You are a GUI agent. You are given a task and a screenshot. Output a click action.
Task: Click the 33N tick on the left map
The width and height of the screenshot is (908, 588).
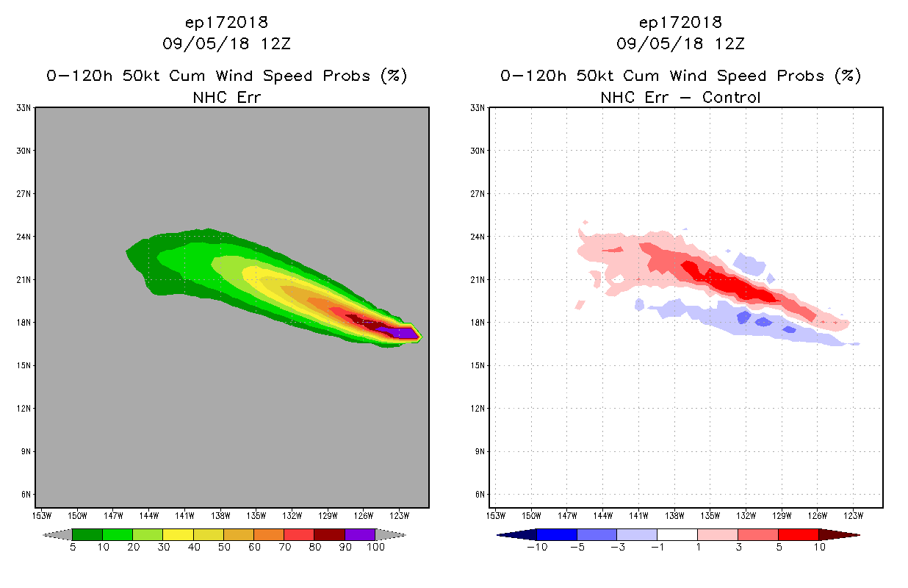tap(24, 108)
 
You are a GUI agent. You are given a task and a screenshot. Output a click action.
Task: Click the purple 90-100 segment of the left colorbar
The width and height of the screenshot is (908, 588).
tap(360, 534)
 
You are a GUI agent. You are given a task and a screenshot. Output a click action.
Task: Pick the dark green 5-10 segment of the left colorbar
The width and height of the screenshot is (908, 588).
tap(87, 534)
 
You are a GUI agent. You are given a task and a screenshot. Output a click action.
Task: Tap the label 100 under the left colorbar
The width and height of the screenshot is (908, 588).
tap(375, 547)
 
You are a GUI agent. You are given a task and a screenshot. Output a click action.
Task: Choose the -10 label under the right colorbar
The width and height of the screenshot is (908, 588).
tap(537, 547)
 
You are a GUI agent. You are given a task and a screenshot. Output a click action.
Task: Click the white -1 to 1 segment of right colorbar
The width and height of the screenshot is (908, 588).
tap(677, 534)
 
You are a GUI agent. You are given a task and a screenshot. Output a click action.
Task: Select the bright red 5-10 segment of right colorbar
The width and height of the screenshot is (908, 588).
tap(798, 534)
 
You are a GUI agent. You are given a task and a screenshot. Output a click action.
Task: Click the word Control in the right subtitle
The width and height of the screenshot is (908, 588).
tap(731, 97)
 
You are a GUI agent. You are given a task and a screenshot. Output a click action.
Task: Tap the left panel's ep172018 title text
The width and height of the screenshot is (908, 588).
tap(226, 22)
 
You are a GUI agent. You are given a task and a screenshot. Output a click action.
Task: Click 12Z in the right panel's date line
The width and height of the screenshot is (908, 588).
tap(729, 43)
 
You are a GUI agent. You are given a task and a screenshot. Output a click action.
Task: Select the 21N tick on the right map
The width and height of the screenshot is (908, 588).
tap(478, 280)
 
